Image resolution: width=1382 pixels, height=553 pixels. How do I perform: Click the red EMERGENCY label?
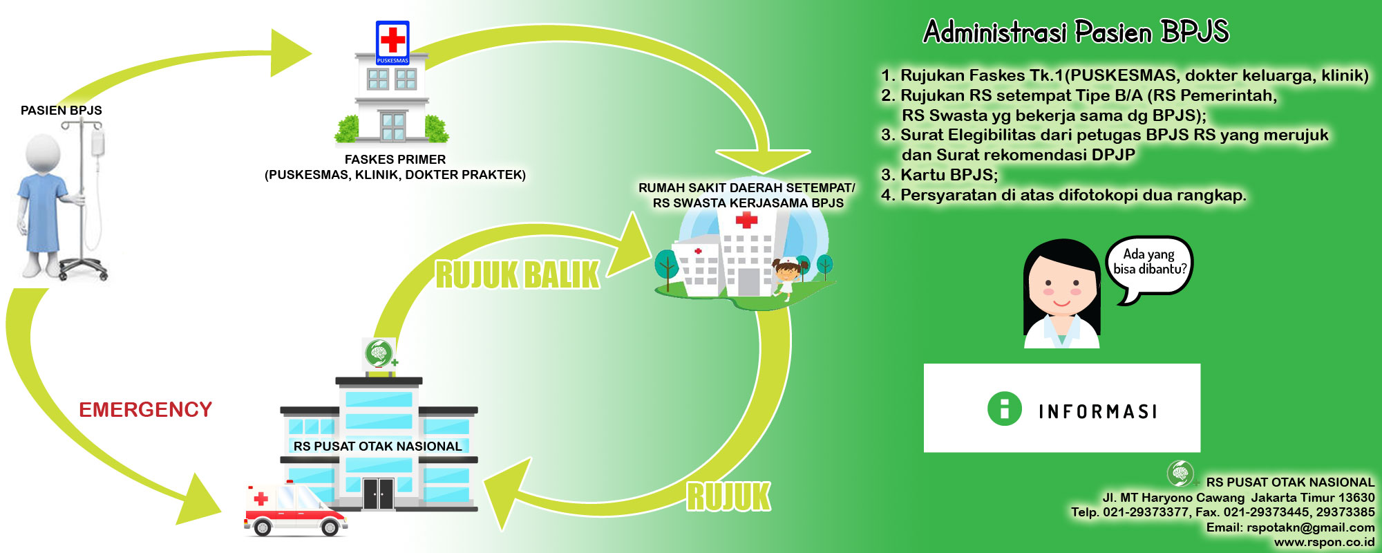pos(145,410)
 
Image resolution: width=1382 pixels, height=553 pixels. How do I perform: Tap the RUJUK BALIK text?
pos(517,275)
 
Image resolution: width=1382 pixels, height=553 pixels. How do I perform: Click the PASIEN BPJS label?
pos(61,111)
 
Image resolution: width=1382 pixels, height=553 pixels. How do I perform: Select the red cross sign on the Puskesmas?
pos(392,40)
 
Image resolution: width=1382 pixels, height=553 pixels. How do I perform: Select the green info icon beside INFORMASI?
pos(1004,409)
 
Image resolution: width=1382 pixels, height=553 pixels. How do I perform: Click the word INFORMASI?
pos(1097,412)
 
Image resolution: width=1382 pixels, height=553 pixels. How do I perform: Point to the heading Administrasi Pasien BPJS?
pos(1076,32)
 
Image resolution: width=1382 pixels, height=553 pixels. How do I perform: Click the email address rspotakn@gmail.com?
pos(1310,527)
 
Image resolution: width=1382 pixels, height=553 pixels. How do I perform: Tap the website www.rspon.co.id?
pos(1324,543)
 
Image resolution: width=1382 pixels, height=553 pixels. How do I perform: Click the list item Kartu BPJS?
pos(948,175)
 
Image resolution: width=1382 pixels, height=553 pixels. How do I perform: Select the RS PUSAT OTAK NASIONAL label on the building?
pos(377,447)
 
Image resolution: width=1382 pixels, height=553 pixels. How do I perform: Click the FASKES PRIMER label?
pos(395,160)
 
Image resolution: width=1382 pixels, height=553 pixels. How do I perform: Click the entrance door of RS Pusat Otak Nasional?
pos(378,494)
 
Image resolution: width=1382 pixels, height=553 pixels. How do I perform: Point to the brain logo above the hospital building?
pos(378,353)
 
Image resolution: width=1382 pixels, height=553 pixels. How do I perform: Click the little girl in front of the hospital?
pos(787,276)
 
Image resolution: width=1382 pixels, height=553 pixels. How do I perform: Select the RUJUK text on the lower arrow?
pos(728,497)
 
